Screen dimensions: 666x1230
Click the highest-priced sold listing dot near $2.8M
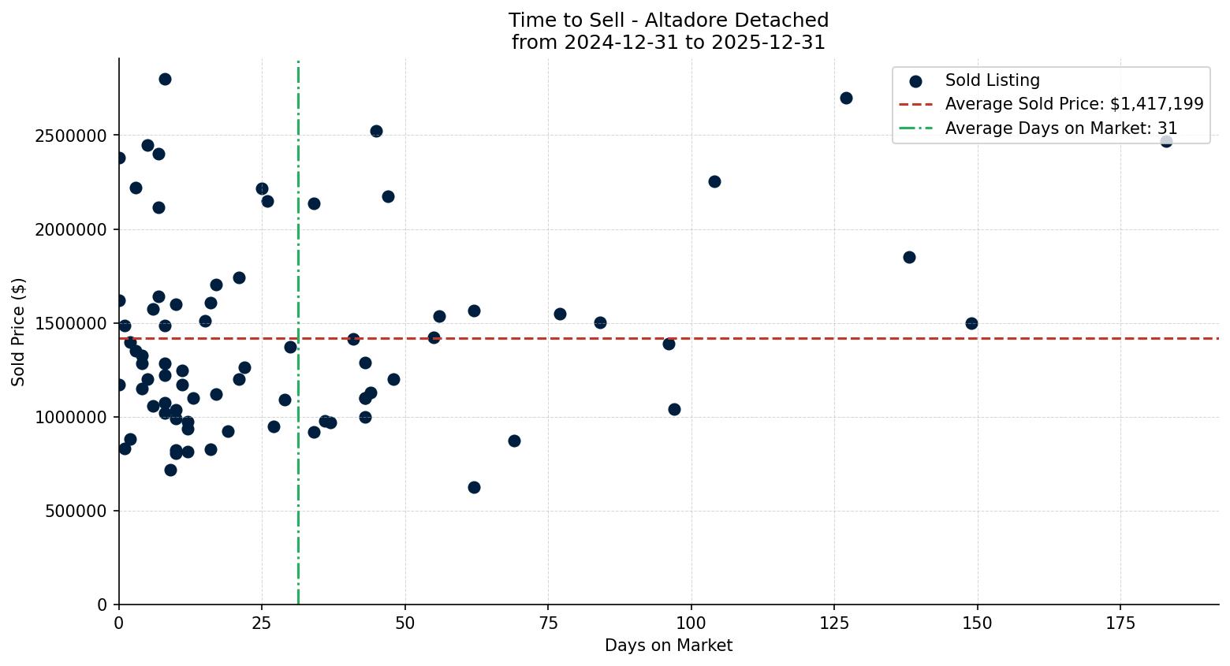[x=165, y=79]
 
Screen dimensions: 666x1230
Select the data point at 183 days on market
[x=1166, y=141]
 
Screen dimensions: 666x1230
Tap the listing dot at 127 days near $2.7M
[x=846, y=98]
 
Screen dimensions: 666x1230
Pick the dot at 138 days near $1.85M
[x=909, y=257]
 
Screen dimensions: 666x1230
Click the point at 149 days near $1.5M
[x=971, y=323]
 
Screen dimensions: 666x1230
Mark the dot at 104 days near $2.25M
[x=714, y=181]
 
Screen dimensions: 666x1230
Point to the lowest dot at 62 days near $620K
[x=474, y=487]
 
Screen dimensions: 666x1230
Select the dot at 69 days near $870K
[x=514, y=441]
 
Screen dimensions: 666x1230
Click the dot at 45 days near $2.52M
[x=376, y=131]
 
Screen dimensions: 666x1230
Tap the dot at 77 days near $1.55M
[x=560, y=314]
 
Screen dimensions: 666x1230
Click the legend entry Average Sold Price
[x=1074, y=104]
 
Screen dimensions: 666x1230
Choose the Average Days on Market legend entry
[x=1060, y=128]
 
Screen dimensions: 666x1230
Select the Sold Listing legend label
[x=992, y=80]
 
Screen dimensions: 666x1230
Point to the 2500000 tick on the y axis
[x=71, y=136]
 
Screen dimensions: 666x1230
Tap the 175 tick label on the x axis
[x=1120, y=623]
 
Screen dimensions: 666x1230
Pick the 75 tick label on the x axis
[x=548, y=623]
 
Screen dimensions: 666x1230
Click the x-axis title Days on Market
[x=669, y=646]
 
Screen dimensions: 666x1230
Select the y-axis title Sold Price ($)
[x=18, y=332]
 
